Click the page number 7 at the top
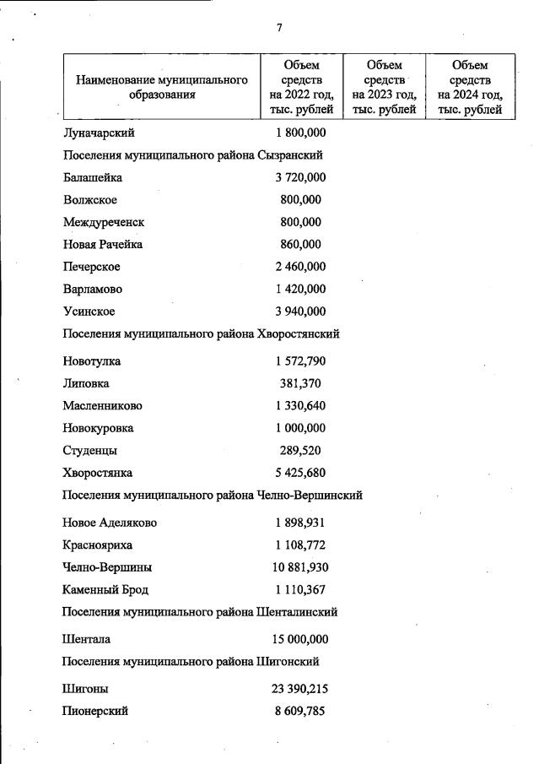click(x=279, y=28)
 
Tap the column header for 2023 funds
click(x=385, y=87)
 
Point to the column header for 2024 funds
click(x=470, y=87)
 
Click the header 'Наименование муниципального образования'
click(x=162, y=87)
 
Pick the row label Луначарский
click(x=99, y=133)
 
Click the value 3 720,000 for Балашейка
click(x=300, y=177)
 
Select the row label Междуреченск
click(x=104, y=222)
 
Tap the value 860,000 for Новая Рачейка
click(x=300, y=244)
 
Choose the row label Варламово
click(x=93, y=289)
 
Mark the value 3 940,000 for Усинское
click(x=300, y=312)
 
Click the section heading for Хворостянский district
click(x=202, y=333)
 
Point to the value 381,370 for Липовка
click(x=300, y=383)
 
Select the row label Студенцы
click(x=90, y=450)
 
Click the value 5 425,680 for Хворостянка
click(x=300, y=473)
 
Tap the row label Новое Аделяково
click(x=110, y=523)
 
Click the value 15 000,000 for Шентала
click(x=299, y=639)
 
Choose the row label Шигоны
click(x=86, y=689)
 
